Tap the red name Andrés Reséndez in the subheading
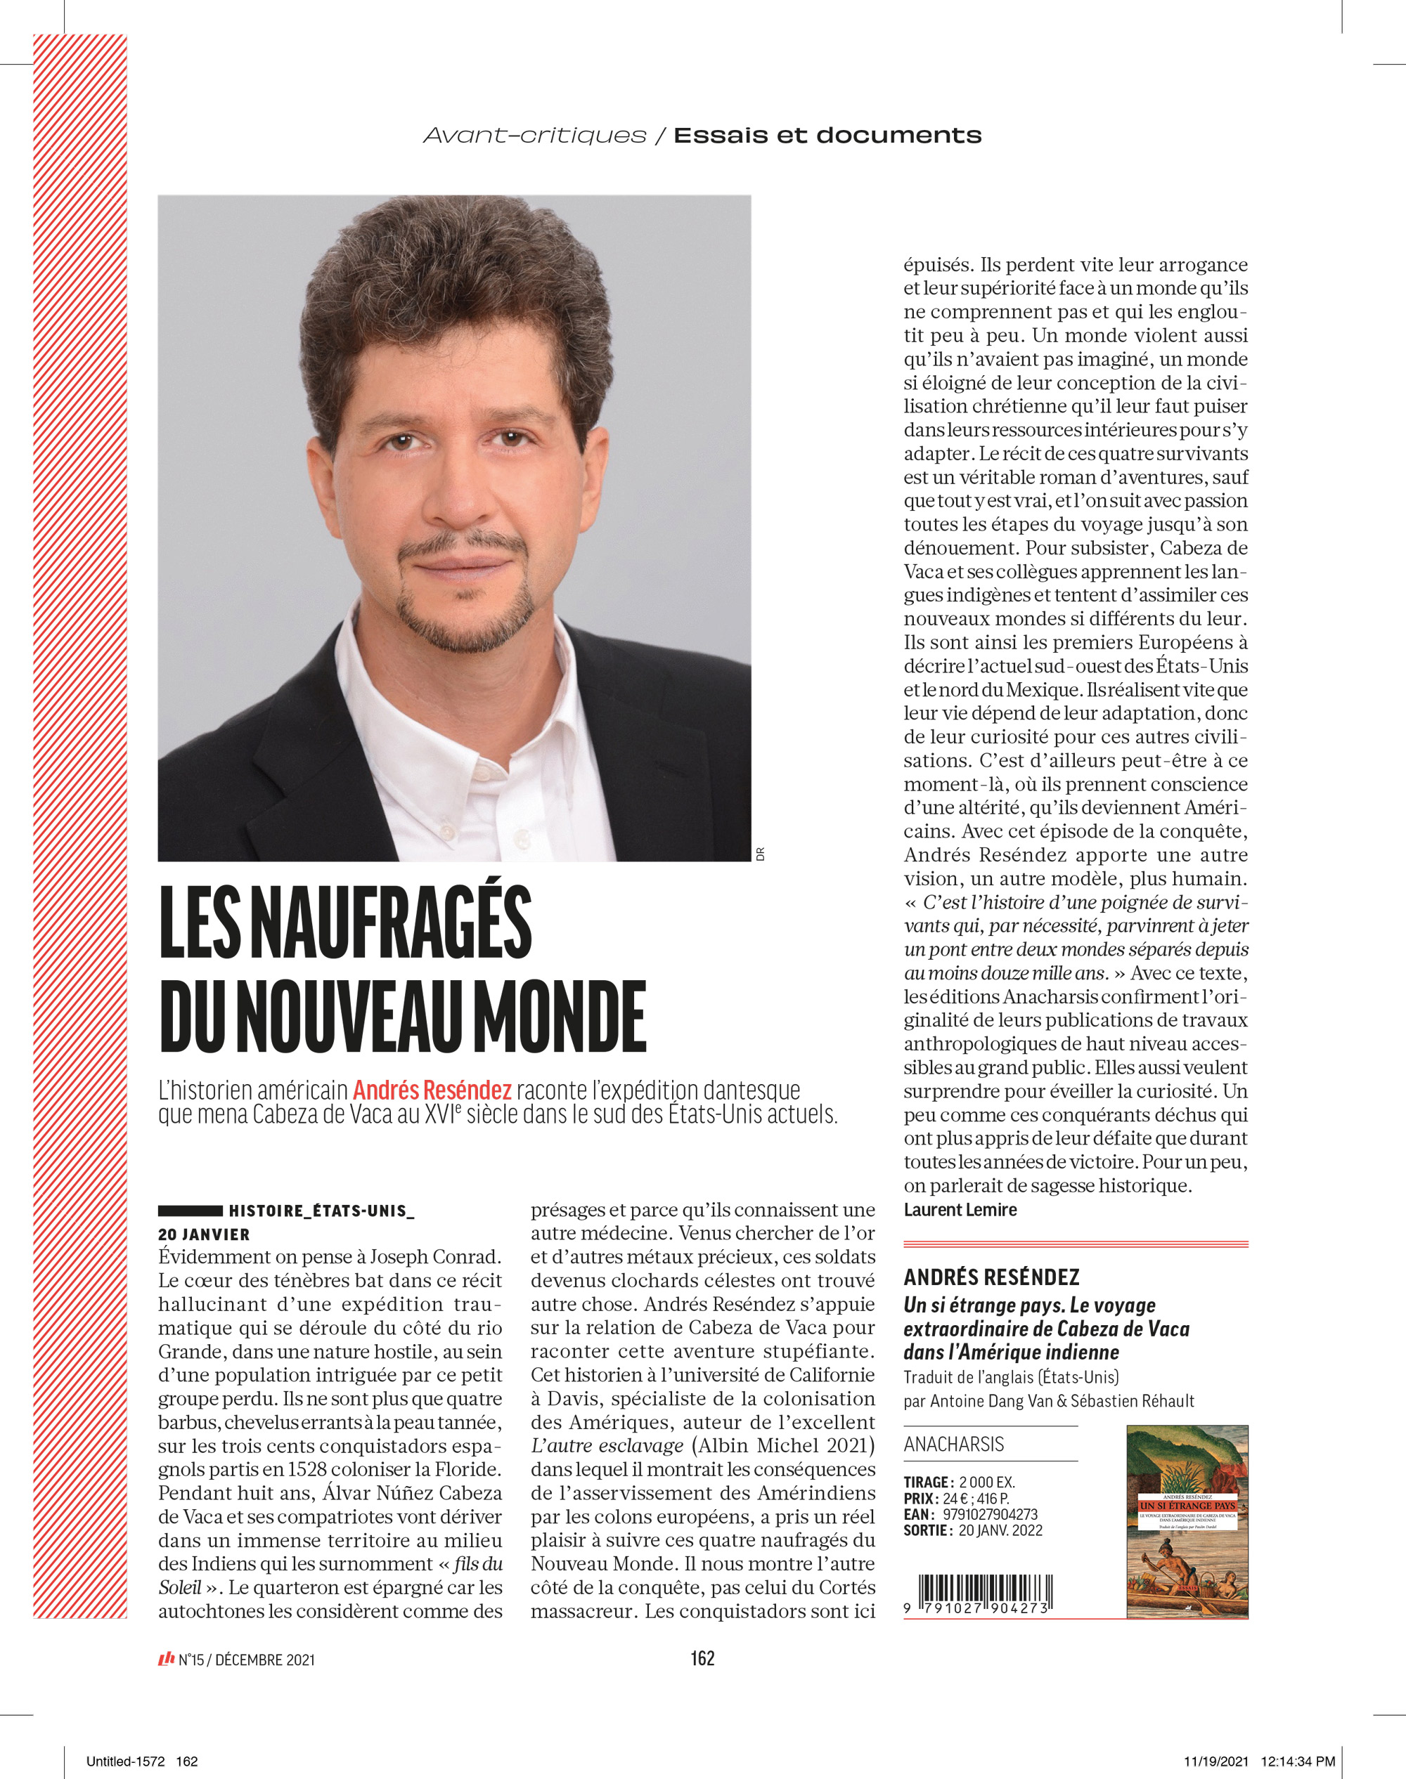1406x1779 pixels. click(x=432, y=1090)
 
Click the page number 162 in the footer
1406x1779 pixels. click(x=702, y=1659)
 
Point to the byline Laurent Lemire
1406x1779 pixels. click(x=960, y=1210)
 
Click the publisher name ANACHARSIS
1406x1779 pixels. click(x=953, y=1444)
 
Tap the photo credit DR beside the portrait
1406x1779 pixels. click(x=760, y=854)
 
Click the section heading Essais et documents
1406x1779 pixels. click(x=827, y=136)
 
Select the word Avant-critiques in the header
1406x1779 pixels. click(x=535, y=136)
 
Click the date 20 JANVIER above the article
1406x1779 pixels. click(x=203, y=1234)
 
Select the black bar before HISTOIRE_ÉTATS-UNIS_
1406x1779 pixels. click(x=190, y=1211)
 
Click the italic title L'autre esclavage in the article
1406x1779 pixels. click(x=607, y=1446)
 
